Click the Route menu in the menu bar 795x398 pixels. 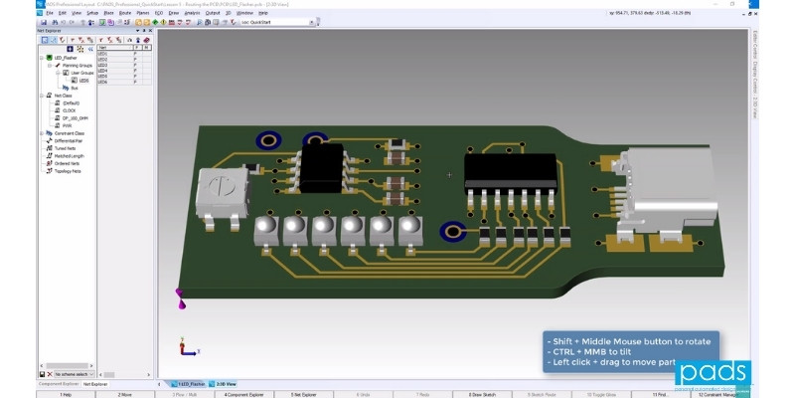[125, 13]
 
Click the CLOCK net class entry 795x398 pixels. [68, 110]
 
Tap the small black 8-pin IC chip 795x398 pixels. [321, 168]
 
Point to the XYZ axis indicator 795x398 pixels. [185, 347]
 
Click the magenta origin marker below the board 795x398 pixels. [180, 295]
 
